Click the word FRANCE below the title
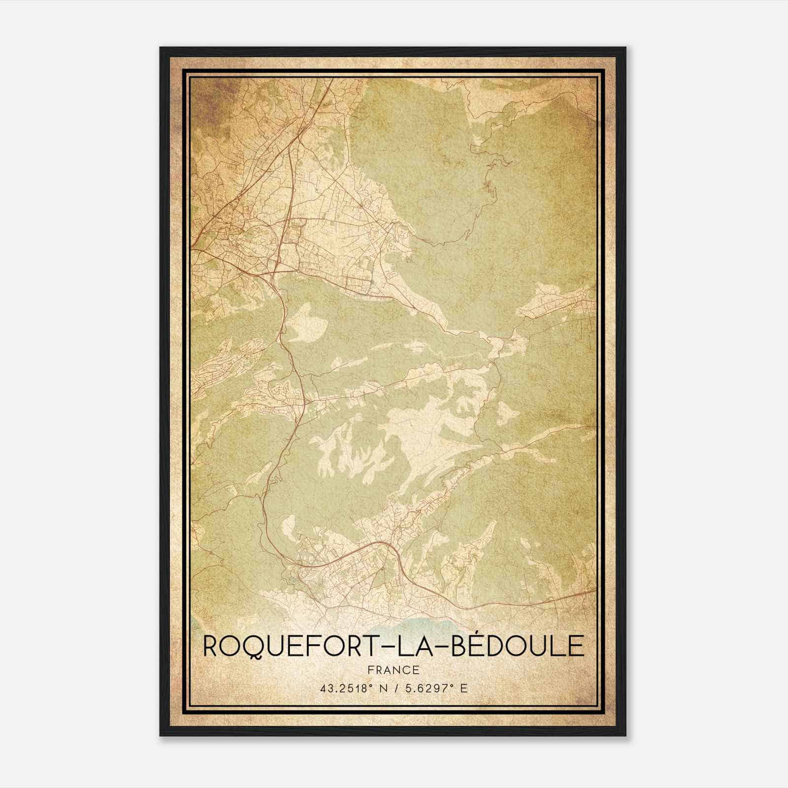pos(393,670)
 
